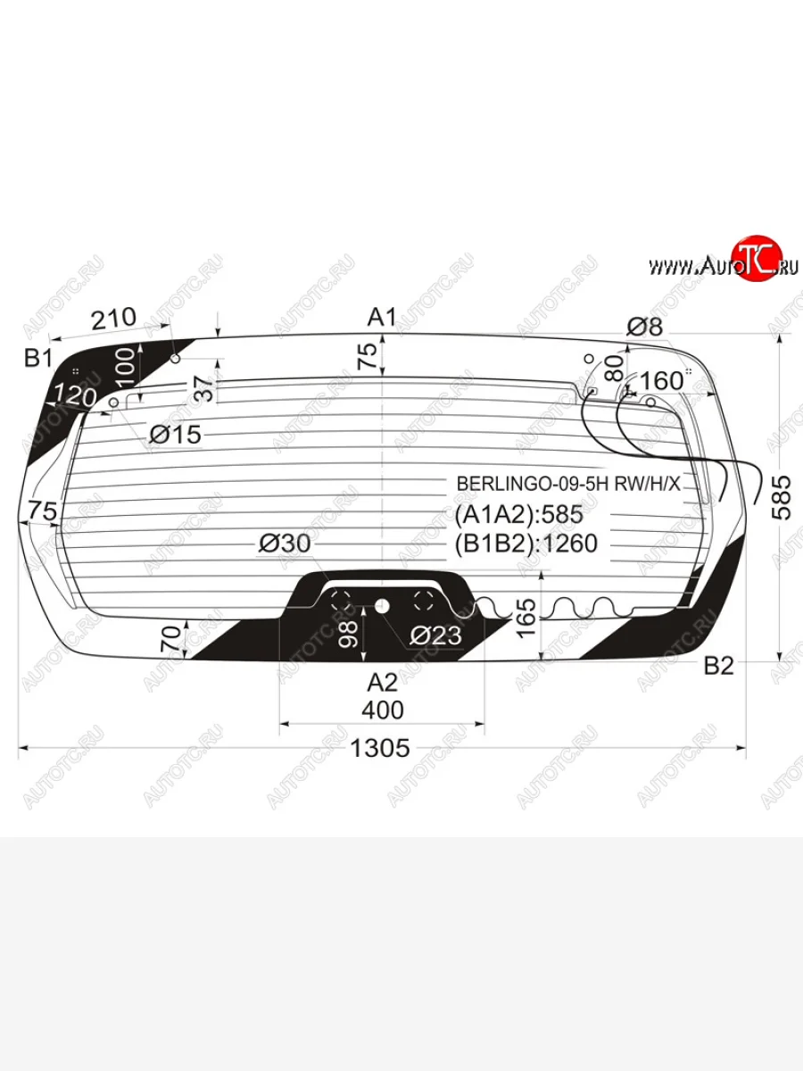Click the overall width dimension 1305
pos(380,748)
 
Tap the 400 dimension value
pos(383,710)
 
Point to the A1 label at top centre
pos(382,318)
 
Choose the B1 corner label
pos(38,359)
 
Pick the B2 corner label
pos(719,666)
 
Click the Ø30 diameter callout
pos(285,544)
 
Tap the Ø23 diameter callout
pos(435,635)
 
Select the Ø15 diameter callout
pos(175,434)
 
